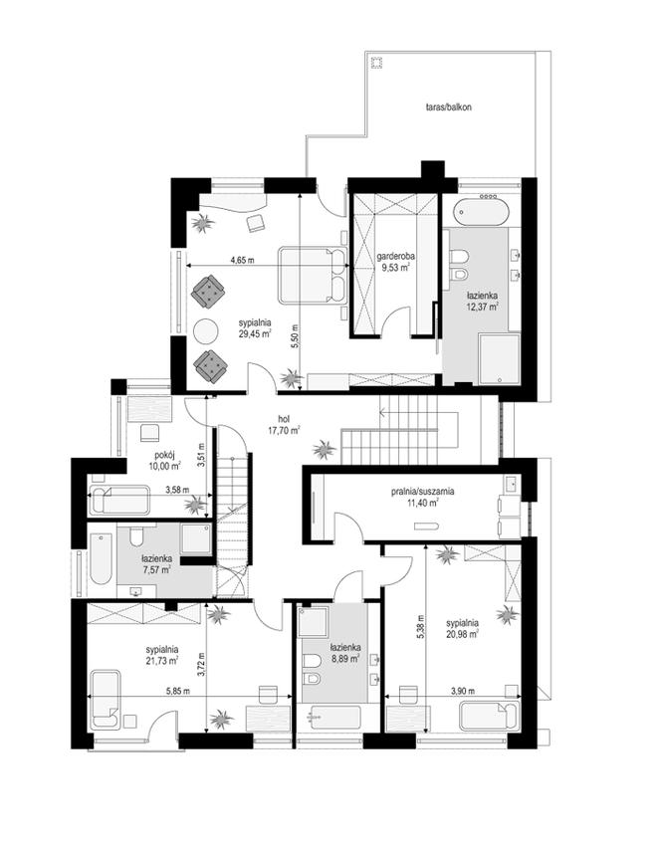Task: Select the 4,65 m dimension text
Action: pos(242,260)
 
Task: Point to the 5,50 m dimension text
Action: pos(295,336)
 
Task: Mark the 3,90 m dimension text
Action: pos(463,691)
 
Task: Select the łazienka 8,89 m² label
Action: pos(344,653)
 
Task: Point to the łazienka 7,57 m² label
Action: pos(157,563)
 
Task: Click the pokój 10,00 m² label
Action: pos(164,461)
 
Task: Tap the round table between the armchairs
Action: pos(205,330)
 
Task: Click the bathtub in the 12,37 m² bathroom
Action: pos(481,212)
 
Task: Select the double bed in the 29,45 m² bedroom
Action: pos(313,275)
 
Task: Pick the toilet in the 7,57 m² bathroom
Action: pos(136,536)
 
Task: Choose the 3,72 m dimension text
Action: pos(201,664)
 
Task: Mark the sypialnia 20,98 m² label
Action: pos(462,628)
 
